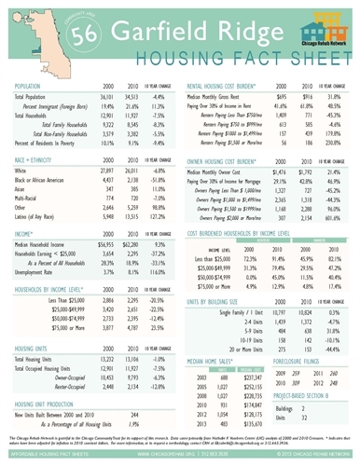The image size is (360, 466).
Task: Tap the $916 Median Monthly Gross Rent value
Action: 306,96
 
